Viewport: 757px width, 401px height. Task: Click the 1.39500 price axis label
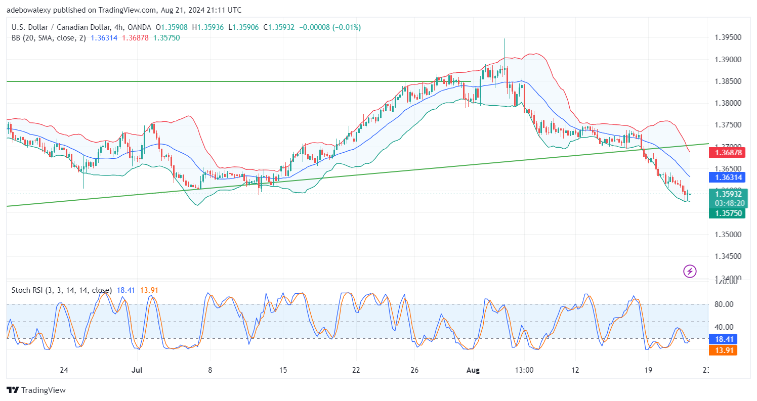(728, 38)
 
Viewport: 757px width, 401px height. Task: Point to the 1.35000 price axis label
(728, 235)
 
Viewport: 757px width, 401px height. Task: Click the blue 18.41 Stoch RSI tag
(725, 339)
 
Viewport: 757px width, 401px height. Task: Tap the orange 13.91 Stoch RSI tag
(725, 350)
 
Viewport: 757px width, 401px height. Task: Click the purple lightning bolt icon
(690, 271)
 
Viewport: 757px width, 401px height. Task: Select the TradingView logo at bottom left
(36, 390)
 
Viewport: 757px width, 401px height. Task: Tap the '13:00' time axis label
(524, 370)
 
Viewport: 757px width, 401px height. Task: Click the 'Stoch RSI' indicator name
(27, 290)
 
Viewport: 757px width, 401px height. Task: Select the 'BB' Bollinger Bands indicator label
(17, 37)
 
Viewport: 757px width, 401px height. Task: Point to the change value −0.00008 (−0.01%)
(330, 27)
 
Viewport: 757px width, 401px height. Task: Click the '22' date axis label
(356, 370)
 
